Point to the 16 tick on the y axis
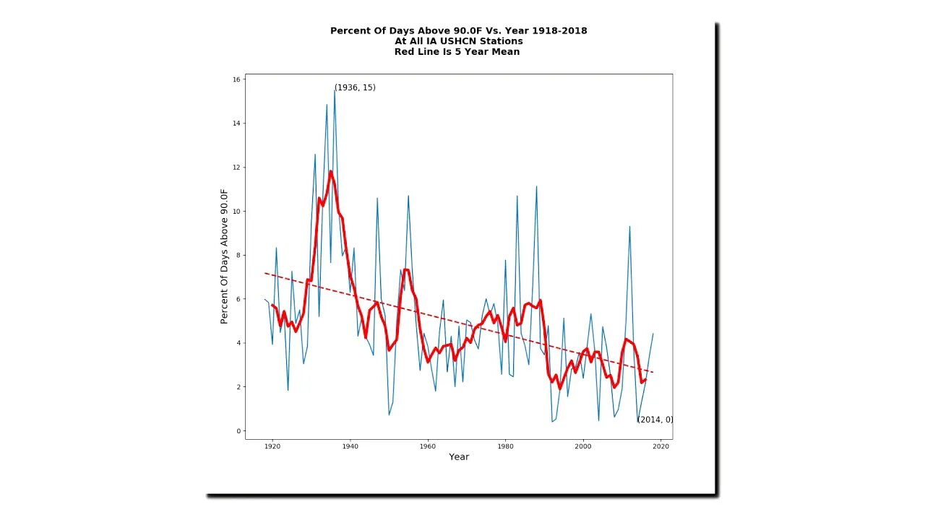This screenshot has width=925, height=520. [237, 79]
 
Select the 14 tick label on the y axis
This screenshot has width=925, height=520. [237, 123]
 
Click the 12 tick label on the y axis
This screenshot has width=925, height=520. [237, 168]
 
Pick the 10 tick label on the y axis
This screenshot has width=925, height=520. [237, 212]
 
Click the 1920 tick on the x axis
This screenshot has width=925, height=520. [272, 446]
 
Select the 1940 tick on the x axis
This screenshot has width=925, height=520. [350, 446]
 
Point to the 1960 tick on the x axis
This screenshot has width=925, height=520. [428, 446]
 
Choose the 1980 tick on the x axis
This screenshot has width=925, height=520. [505, 446]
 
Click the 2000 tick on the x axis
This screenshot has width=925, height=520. [582, 446]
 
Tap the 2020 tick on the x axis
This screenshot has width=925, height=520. [661, 446]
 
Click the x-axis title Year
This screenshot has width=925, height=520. [459, 457]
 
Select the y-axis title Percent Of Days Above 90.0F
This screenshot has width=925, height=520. [224, 256]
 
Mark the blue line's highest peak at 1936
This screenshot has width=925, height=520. [335, 90]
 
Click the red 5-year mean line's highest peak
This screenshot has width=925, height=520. [330, 171]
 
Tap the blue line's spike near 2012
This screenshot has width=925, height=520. [629, 227]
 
